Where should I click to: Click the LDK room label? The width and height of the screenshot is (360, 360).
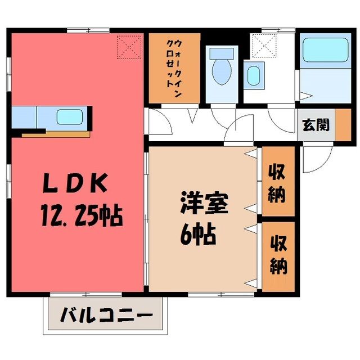[75, 183]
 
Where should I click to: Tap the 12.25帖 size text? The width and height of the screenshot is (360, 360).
[82, 215]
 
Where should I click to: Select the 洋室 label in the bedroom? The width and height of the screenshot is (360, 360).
[204, 204]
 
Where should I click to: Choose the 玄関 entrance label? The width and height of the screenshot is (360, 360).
[316, 125]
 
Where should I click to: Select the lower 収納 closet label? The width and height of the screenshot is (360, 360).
[278, 255]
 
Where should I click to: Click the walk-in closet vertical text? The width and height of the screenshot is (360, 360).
[174, 68]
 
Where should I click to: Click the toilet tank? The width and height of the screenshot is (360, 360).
[222, 53]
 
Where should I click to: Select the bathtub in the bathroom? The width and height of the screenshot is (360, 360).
[326, 49]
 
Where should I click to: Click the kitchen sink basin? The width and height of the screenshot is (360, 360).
[70, 117]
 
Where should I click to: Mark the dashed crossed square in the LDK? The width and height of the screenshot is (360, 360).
[129, 47]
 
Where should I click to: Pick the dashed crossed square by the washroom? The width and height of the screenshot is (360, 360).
[264, 46]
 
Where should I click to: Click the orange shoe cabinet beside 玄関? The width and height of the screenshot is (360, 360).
[343, 125]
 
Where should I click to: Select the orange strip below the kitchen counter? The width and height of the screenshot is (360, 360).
[56, 134]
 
